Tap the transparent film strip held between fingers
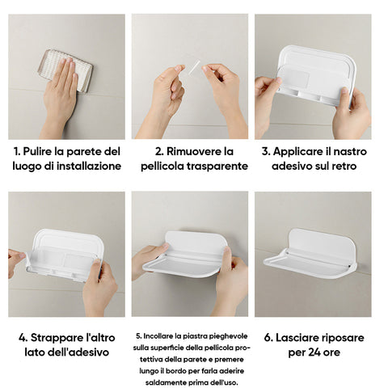[x=194, y=67]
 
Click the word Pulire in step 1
[x=37, y=152]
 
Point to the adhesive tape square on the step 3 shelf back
[x=297, y=78]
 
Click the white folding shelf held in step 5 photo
[x=186, y=255]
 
